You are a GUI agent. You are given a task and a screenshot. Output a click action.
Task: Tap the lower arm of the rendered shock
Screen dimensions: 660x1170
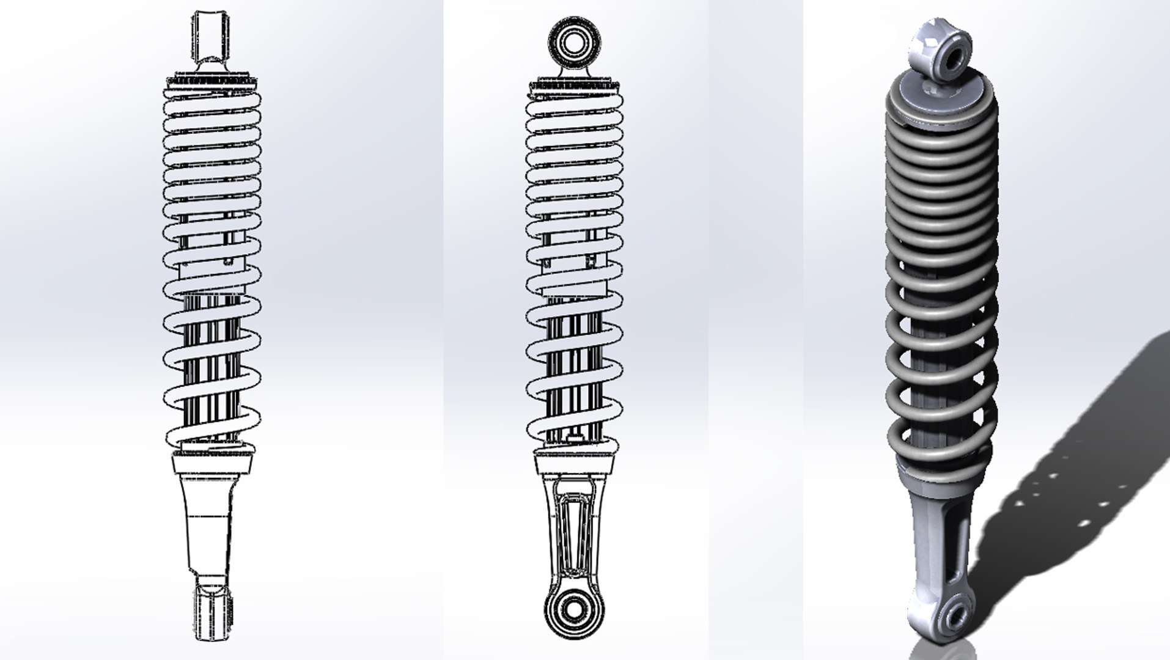(x=932, y=538)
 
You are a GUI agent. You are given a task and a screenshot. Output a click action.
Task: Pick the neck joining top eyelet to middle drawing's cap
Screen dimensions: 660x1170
(x=574, y=71)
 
